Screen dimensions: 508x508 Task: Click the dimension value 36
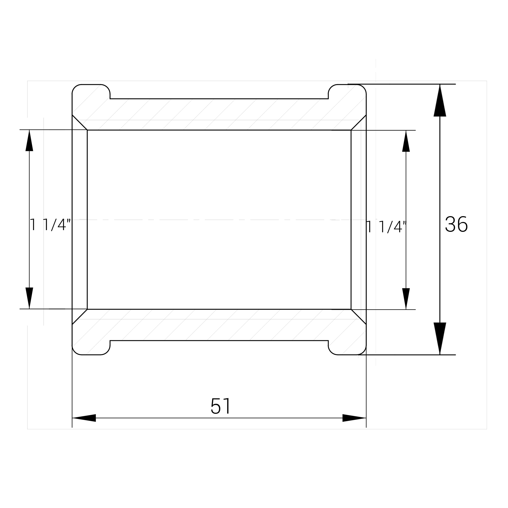coord(456,224)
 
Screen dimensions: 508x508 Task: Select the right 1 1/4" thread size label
coord(386,227)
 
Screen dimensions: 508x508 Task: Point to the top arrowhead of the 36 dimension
coord(440,100)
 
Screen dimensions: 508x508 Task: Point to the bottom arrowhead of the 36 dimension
coord(440,338)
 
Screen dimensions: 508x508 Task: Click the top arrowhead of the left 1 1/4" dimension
coord(29,140)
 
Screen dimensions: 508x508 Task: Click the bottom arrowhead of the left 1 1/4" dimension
coord(29,298)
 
